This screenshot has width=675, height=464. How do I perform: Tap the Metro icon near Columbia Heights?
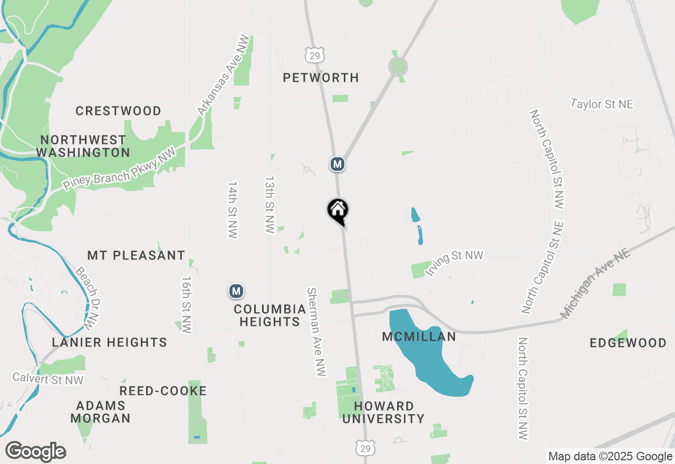[x=236, y=291]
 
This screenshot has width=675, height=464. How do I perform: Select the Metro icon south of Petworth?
[x=337, y=164]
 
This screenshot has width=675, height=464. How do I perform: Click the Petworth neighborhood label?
[x=321, y=78]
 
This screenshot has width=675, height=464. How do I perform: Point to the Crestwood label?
[x=118, y=111]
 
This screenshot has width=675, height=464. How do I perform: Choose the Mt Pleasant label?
[x=136, y=255]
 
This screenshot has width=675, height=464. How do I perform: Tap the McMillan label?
[x=419, y=336]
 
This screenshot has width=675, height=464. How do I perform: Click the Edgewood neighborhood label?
[x=628, y=343]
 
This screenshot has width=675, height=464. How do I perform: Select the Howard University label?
[x=389, y=412]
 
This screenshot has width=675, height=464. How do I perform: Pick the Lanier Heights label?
[x=110, y=342]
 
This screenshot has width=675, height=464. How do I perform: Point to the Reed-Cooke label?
[x=163, y=391]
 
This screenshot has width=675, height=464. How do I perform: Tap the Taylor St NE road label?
[x=602, y=104]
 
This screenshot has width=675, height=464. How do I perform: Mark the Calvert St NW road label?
[x=48, y=378]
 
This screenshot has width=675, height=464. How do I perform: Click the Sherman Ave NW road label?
[x=316, y=332]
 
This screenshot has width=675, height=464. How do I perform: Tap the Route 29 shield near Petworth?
[x=314, y=54]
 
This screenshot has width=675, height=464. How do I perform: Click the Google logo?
[x=35, y=452]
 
